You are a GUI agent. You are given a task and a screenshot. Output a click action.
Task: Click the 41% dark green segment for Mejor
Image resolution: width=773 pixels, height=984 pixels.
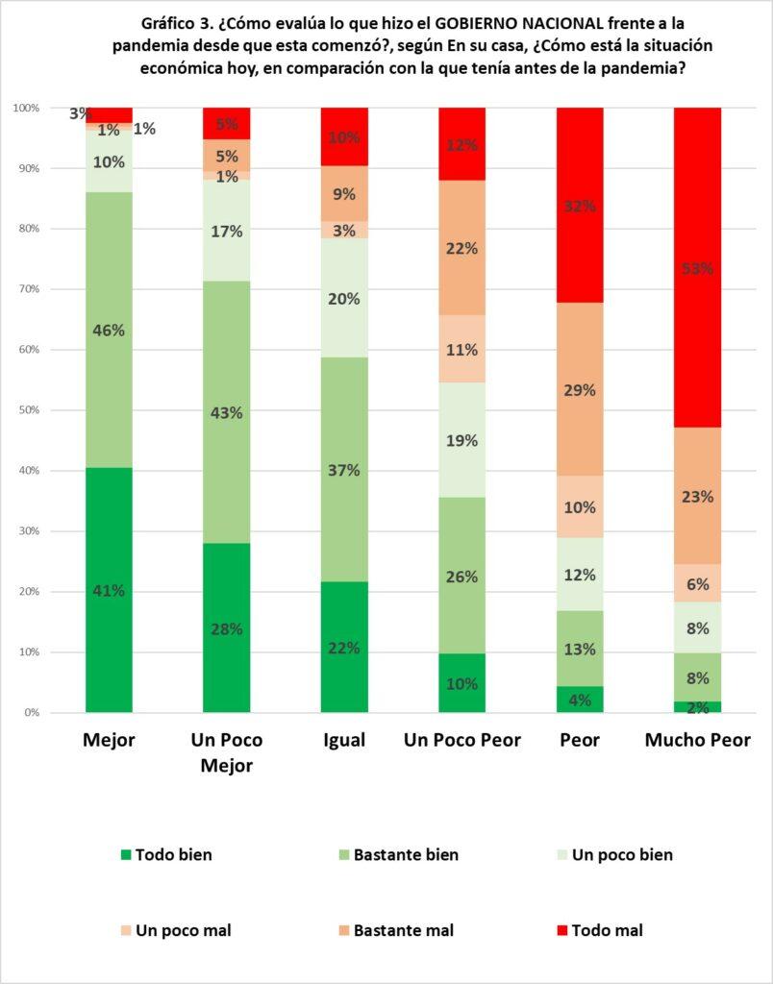point(109,590)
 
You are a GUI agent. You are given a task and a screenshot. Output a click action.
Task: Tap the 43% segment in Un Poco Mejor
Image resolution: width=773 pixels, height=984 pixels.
point(226,412)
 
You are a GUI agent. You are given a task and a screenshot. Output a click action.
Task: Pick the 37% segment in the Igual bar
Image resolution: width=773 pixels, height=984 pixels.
point(344,470)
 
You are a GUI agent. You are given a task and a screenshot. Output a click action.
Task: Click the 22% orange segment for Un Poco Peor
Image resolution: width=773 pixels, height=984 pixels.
point(461,248)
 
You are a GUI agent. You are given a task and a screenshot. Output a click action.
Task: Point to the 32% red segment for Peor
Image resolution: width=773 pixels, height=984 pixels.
point(580,206)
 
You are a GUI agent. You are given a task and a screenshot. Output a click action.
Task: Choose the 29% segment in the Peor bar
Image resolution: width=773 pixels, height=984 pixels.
point(580,389)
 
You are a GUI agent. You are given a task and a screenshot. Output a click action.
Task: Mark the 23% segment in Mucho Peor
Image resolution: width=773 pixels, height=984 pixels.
point(697,496)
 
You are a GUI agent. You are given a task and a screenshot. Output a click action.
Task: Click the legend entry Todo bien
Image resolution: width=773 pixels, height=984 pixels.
point(173,854)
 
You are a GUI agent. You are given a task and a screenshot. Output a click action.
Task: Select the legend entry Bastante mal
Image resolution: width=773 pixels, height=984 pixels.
point(403,930)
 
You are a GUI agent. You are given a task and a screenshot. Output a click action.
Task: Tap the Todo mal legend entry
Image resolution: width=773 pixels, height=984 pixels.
point(607,930)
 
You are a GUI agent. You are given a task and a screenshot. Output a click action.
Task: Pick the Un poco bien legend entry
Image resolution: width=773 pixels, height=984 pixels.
point(621,854)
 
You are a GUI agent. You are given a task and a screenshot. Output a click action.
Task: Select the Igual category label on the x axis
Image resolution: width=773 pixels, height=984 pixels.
point(344,740)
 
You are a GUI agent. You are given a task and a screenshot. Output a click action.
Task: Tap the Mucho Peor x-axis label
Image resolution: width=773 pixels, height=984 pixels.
point(697,740)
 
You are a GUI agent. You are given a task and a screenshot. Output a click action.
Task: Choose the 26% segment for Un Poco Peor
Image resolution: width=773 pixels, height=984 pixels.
point(461,576)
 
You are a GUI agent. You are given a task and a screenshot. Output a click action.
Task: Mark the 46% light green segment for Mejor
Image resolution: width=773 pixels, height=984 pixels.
point(109,330)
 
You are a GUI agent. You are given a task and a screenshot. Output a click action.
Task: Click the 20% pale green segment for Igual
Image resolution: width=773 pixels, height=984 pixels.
point(344,298)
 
